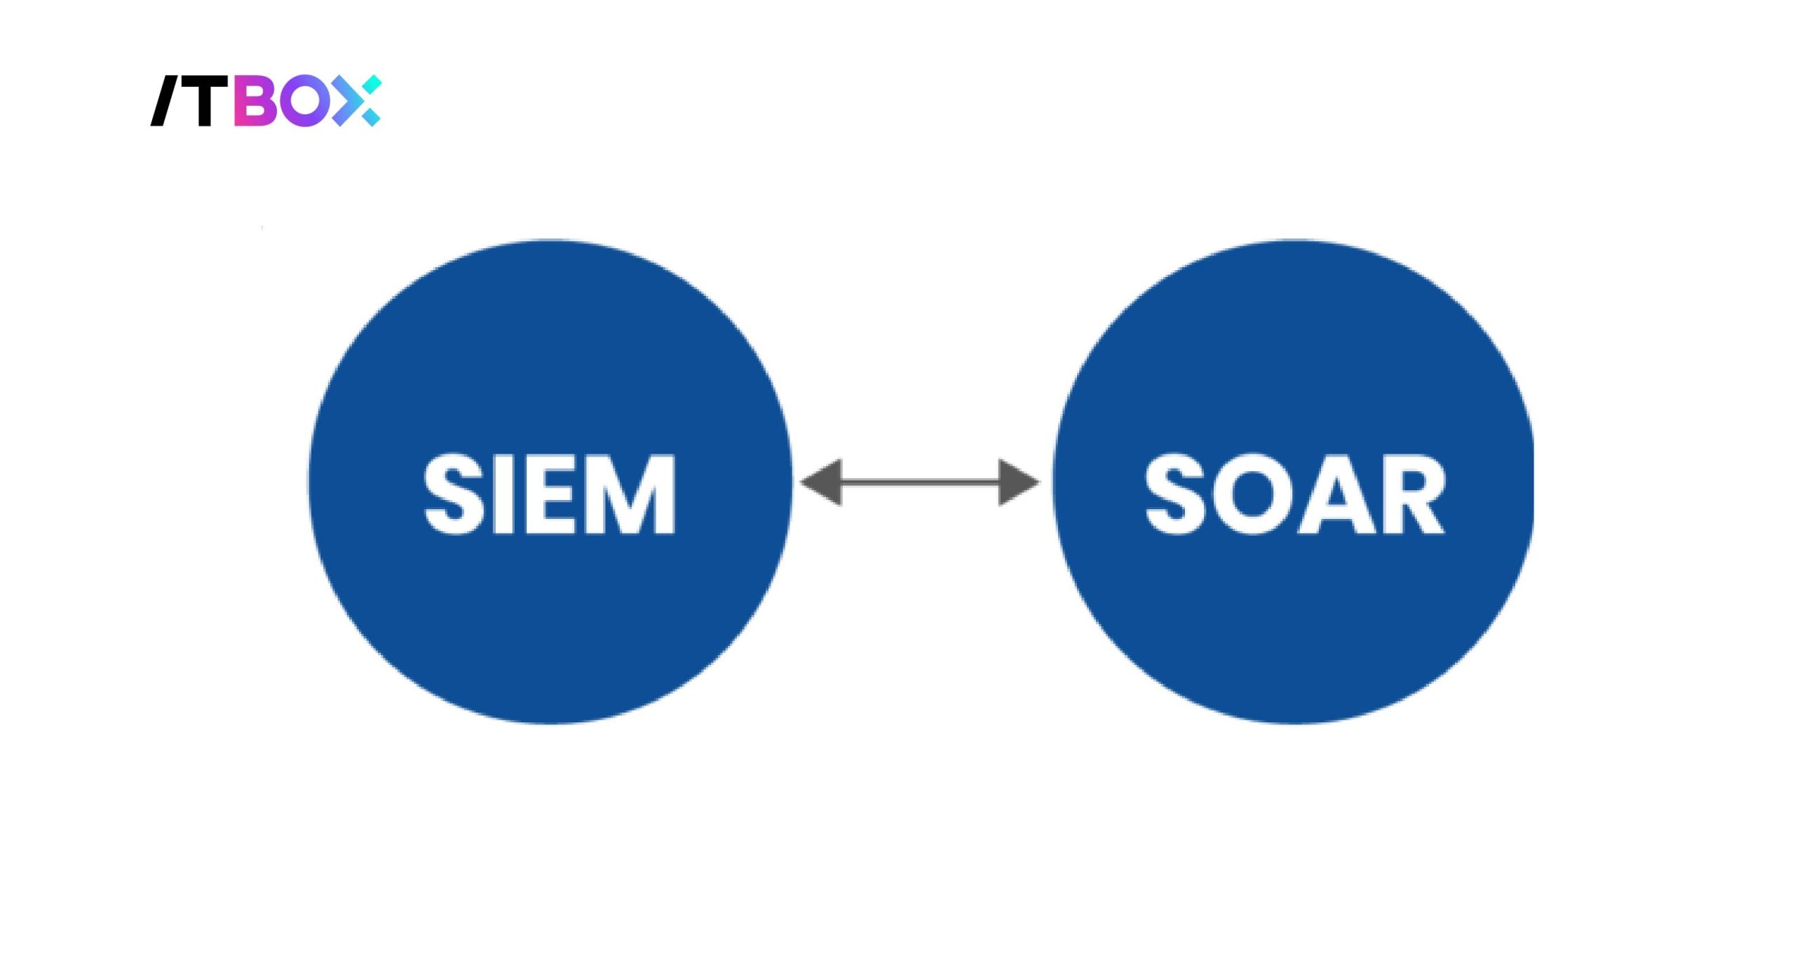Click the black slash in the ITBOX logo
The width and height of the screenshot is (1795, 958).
tap(166, 101)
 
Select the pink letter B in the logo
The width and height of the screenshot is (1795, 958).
tap(253, 101)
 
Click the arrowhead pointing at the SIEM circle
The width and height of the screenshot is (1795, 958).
tap(822, 483)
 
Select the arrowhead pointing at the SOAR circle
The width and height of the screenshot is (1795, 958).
tap(1018, 483)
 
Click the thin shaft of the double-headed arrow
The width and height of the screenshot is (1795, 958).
tap(920, 483)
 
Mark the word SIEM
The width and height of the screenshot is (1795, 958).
tap(550, 494)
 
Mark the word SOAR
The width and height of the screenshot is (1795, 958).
tap(1294, 494)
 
